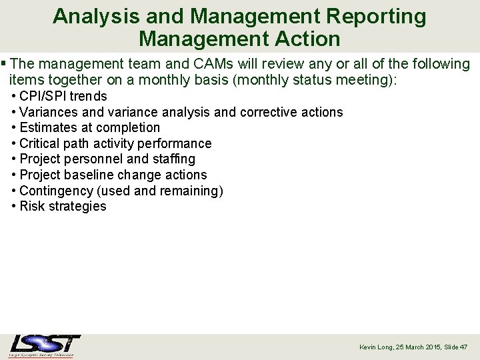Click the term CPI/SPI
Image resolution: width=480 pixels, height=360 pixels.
coord(43,96)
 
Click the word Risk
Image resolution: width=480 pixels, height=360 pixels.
coord(33,206)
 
